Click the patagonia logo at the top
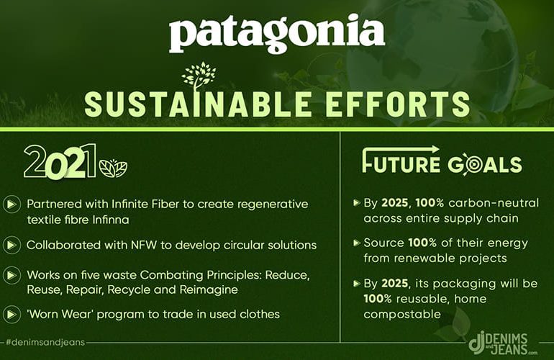coord(277,34)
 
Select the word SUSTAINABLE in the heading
coord(198,104)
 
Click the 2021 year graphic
coord(60,161)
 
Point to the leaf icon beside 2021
coord(113,168)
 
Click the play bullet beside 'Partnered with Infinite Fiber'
coord(12,204)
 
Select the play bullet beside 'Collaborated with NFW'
coord(12,245)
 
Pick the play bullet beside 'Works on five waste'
coord(12,275)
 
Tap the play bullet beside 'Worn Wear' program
coord(12,314)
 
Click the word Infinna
coord(111,220)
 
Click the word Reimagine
coord(209,290)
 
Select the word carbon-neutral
coord(494,203)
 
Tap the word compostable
coord(402,315)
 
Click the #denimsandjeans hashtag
coord(45,342)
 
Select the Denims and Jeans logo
coord(501,343)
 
